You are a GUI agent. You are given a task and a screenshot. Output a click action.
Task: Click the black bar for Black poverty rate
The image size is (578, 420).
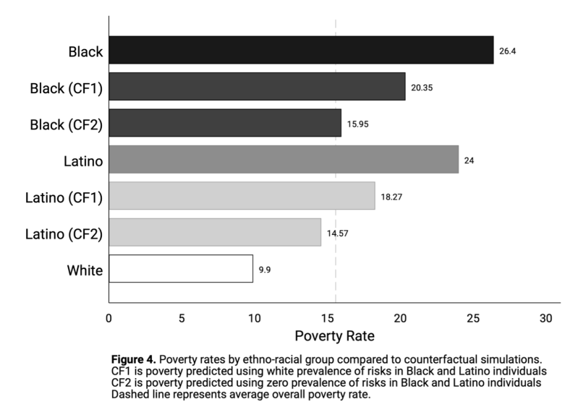pyautogui.click(x=301, y=51)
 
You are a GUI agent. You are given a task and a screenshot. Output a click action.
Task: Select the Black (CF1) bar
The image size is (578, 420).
pyautogui.click(x=257, y=87)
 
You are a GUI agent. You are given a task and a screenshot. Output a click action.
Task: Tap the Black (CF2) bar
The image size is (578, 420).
pyautogui.click(x=225, y=123)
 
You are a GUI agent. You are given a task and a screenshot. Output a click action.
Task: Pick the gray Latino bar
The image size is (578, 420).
pyautogui.click(x=284, y=159)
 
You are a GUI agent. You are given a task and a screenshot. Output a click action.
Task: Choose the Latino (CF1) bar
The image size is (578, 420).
pyautogui.click(x=242, y=196)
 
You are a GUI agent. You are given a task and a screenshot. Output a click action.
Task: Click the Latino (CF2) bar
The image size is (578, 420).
pyautogui.click(x=215, y=232)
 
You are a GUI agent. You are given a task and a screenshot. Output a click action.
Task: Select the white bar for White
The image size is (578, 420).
pyautogui.click(x=181, y=268)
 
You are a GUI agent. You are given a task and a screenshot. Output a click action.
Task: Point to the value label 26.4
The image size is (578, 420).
pyautogui.click(x=507, y=51)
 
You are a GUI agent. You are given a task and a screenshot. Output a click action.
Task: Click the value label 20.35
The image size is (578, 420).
pyautogui.click(x=422, y=87)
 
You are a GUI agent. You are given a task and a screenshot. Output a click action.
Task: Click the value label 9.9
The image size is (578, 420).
pyautogui.click(x=265, y=269)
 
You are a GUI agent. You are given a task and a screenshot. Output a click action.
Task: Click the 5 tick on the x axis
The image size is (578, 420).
pyautogui.click(x=182, y=318)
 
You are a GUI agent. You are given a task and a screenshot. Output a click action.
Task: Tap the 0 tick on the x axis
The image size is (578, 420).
pyautogui.click(x=109, y=318)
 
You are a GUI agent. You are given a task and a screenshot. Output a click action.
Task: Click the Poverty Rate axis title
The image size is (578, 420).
pyautogui.click(x=334, y=337)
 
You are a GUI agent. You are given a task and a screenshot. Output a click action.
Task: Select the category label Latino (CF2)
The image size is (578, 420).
pyautogui.click(x=64, y=233)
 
